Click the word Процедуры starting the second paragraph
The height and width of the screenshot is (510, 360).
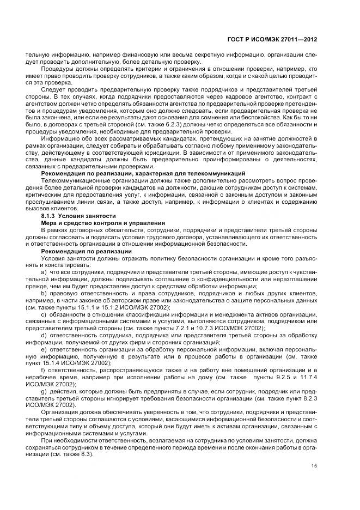[x=57, y=69]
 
